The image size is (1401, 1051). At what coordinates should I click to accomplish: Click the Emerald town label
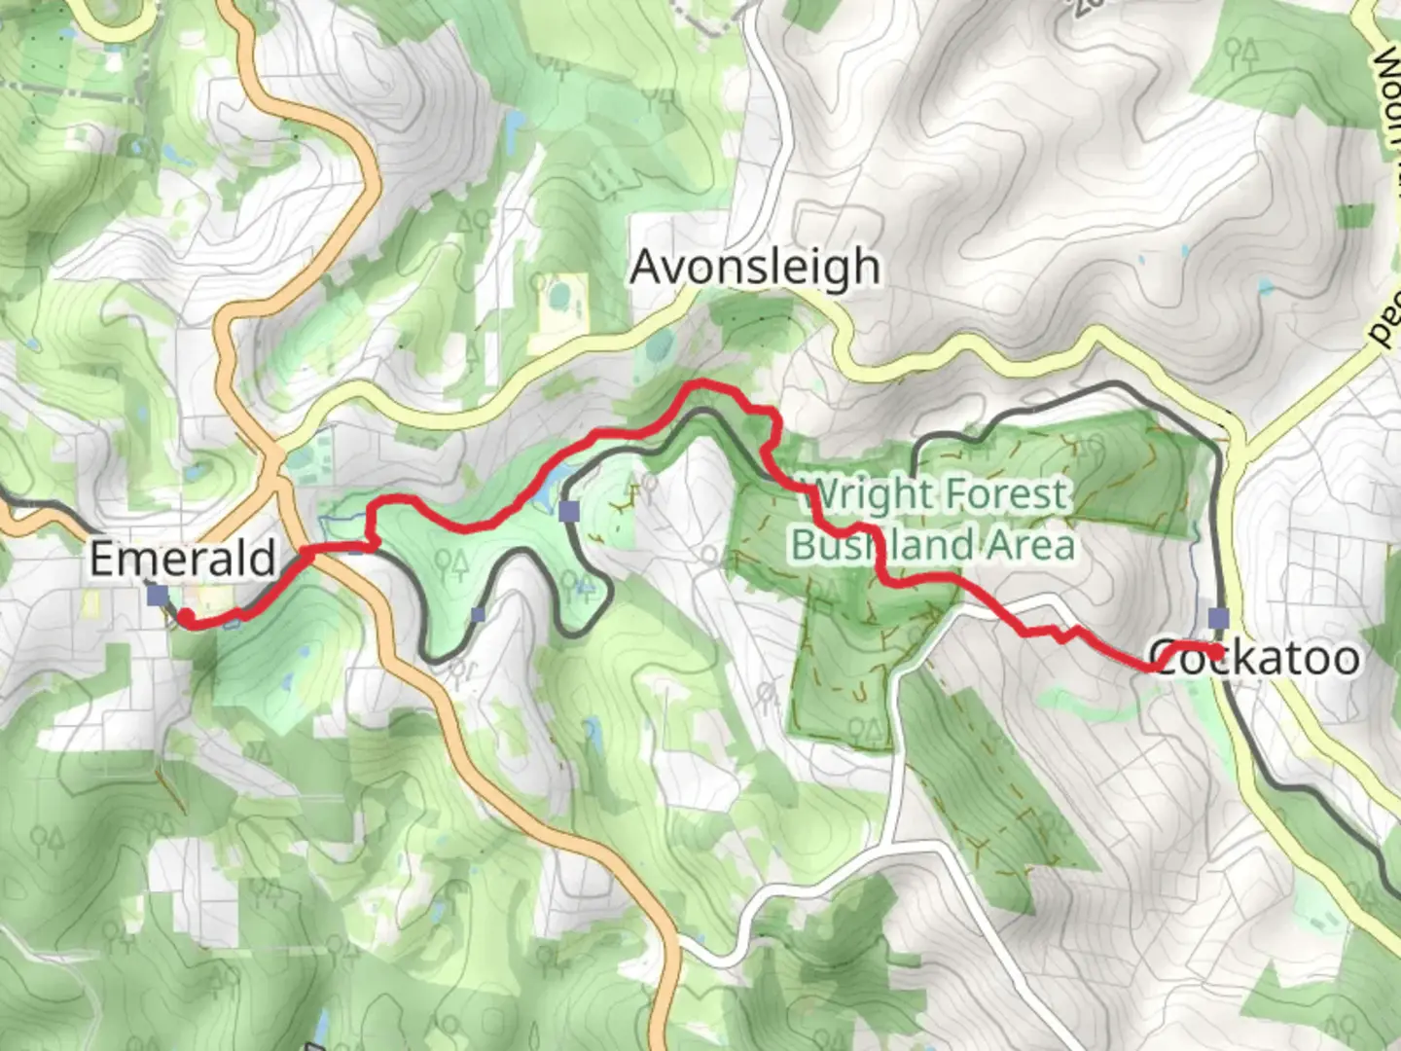coord(182,559)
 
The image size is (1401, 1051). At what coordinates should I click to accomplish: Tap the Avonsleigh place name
coord(755,267)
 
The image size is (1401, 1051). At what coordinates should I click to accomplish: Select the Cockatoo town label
coord(1255,658)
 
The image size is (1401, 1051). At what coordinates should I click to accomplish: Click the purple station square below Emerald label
coord(157,595)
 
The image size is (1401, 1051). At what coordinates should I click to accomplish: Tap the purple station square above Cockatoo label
coord(1218,618)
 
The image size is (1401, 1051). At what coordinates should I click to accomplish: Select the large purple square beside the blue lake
coord(569,510)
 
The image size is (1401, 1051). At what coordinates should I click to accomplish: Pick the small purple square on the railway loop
coord(477,614)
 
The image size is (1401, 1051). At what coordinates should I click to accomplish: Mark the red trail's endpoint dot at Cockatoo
coord(1217,651)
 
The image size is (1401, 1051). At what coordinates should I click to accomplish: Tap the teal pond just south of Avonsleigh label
coord(659,345)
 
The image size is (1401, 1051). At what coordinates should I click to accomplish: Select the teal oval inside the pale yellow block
coord(561,293)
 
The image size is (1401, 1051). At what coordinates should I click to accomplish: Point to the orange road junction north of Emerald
coord(275,457)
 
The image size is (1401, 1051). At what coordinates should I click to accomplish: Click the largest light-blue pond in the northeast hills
coord(1265,287)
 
